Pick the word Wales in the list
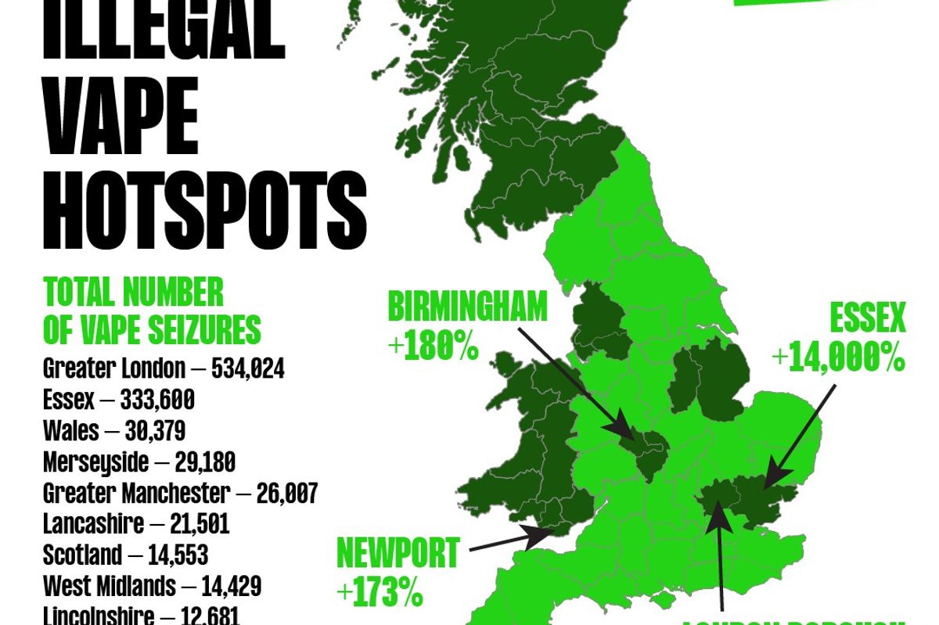(71, 431)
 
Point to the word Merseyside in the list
(95, 462)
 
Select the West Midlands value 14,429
(230, 586)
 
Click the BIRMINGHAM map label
(467, 307)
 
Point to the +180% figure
(433, 347)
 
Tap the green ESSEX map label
(867, 319)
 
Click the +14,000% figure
(838, 357)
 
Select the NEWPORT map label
(397, 554)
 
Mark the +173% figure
(380, 593)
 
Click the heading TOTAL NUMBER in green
(133, 293)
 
